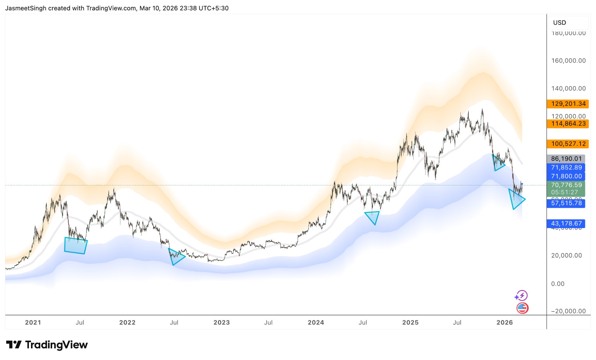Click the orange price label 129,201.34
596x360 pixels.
point(568,104)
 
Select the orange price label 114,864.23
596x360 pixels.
point(568,124)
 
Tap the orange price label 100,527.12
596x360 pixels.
point(568,144)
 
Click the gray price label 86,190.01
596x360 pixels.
point(566,159)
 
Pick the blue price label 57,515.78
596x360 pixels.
point(566,203)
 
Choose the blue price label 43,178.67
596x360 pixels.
point(566,223)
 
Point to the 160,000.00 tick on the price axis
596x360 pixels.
point(568,61)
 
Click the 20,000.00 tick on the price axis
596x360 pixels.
point(566,255)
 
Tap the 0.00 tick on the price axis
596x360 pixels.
point(558,284)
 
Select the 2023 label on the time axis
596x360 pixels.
point(221,322)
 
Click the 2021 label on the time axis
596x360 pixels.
point(33,322)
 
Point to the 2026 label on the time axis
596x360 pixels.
point(505,322)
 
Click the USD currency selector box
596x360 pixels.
point(568,23)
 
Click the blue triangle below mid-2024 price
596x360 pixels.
point(373,216)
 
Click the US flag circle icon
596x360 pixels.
point(522,308)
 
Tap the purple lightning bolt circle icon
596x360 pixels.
point(521,296)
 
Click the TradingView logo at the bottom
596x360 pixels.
point(47,345)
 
